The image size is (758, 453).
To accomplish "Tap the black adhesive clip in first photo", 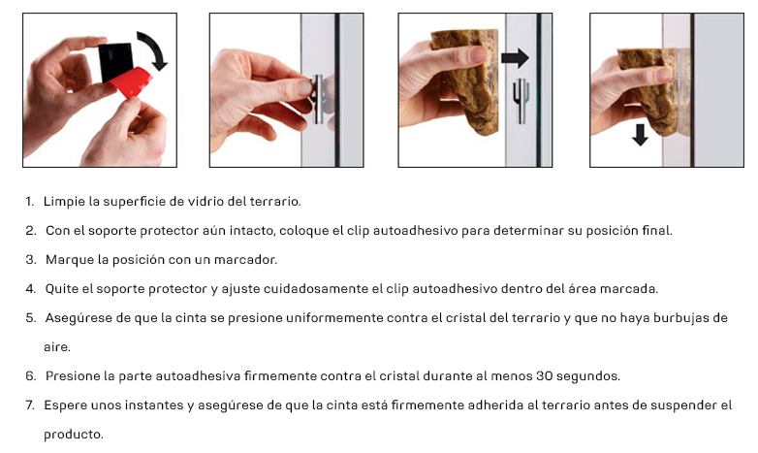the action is (x=116, y=61).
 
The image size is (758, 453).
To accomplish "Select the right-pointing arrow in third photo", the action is (x=515, y=58).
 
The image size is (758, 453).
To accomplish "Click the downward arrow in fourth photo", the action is (x=640, y=135).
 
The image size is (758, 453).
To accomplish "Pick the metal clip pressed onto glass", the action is (x=319, y=99).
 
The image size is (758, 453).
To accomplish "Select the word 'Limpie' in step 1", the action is (x=64, y=202).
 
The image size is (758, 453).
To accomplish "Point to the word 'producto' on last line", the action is (x=73, y=435).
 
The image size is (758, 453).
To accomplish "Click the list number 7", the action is (x=30, y=405).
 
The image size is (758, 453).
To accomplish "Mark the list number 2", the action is (x=30, y=231).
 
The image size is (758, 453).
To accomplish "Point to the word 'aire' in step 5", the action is (x=56, y=347).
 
